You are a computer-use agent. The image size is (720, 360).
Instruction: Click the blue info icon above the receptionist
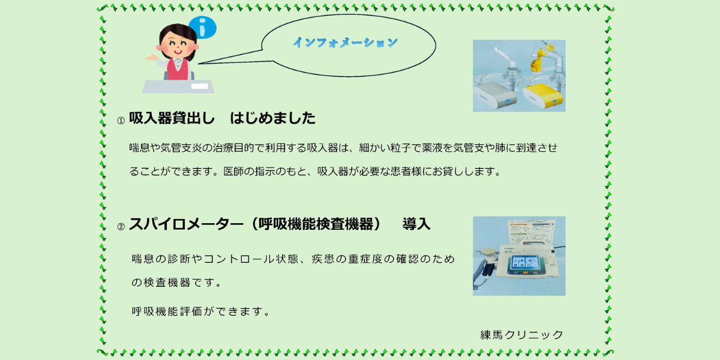(x=203, y=27)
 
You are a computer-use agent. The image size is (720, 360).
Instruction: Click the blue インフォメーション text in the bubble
(x=346, y=43)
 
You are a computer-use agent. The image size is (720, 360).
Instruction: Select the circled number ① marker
(x=121, y=121)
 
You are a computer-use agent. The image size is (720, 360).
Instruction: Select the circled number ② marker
(x=121, y=227)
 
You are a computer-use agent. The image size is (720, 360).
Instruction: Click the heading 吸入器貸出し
(x=172, y=118)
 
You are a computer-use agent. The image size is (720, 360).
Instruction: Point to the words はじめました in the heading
(x=272, y=118)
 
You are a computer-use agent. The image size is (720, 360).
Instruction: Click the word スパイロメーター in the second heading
(x=186, y=224)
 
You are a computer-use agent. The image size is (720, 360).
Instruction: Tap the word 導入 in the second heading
(x=416, y=224)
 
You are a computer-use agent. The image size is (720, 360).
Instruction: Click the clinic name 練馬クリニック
(x=521, y=335)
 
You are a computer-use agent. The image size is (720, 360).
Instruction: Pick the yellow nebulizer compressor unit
(x=542, y=95)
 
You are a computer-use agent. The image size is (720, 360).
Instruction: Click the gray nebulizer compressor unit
(x=495, y=95)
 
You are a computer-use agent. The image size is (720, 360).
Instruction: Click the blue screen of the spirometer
(x=525, y=264)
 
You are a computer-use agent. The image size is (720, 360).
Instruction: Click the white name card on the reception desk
(x=200, y=86)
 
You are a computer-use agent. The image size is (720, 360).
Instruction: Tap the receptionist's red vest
(x=178, y=69)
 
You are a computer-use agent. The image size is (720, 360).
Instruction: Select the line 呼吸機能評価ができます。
(x=202, y=311)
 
